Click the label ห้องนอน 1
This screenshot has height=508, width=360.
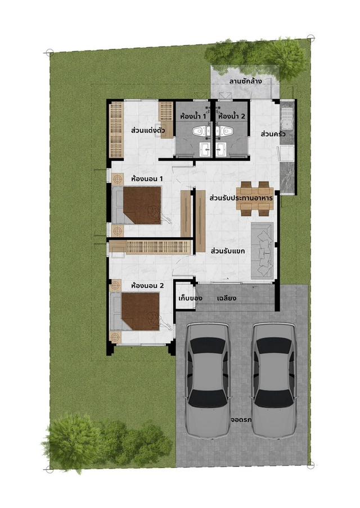coord(147,178)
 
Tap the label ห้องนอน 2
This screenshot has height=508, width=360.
coord(147,285)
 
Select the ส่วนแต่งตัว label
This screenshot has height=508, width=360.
coord(147,130)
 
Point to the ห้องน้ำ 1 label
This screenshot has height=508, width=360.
coord(192,116)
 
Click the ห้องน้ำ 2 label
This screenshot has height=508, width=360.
coord(232,116)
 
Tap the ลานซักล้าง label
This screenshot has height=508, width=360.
coord(246,81)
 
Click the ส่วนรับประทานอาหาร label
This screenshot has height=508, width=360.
coord(241,198)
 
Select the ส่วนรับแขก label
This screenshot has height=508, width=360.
coord(227,251)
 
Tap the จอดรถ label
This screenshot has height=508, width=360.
coord(241,419)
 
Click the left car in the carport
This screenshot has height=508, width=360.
coord(208,379)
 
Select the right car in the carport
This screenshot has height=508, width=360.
coord(273,379)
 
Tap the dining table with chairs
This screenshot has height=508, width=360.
coord(255,198)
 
